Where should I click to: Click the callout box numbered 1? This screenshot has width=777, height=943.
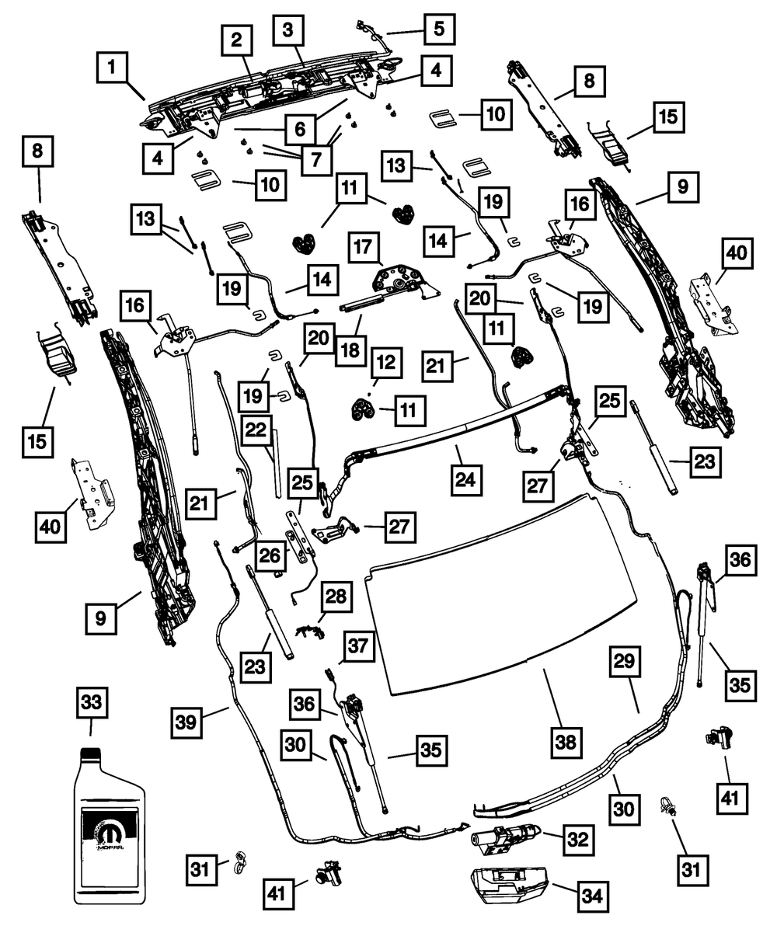point(113,67)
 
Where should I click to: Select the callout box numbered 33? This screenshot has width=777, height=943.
point(91,705)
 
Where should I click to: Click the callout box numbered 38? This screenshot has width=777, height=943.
point(566,741)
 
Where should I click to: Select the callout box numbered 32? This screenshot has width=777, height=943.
point(577,839)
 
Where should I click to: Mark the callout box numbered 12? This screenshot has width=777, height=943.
point(386,361)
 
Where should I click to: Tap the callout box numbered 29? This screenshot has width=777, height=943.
point(625,661)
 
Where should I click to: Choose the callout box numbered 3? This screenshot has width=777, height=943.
point(288,31)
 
